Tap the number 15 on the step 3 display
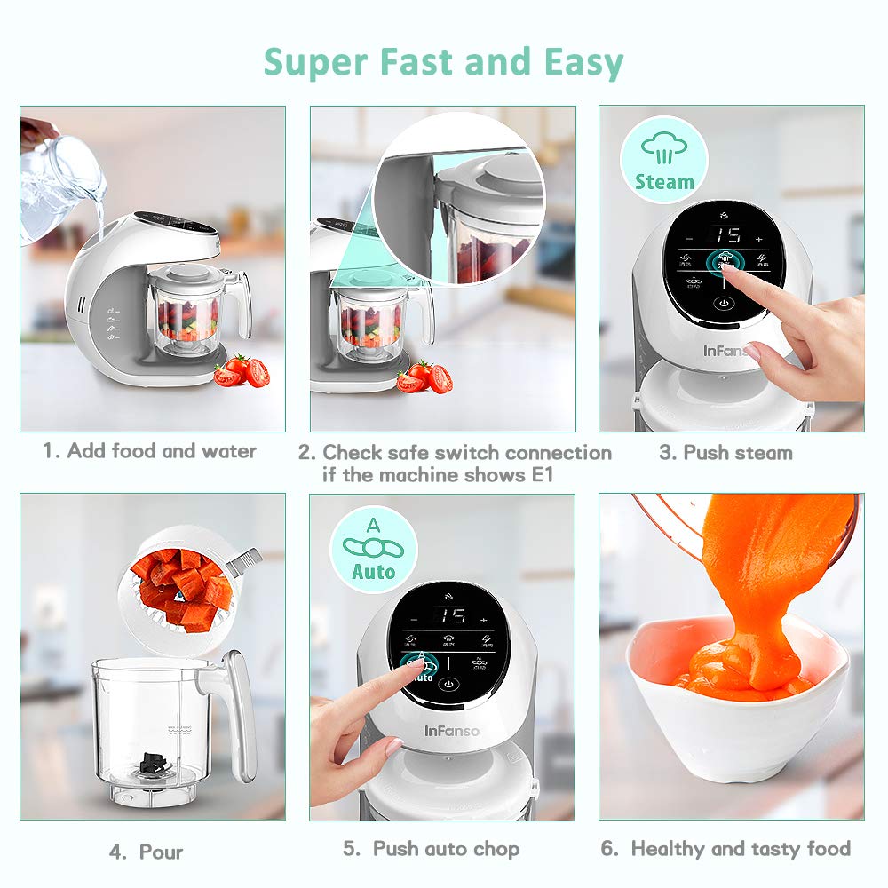click(x=727, y=236)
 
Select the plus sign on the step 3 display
click(x=759, y=239)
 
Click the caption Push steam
click(x=725, y=452)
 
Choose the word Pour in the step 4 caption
click(x=161, y=852)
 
